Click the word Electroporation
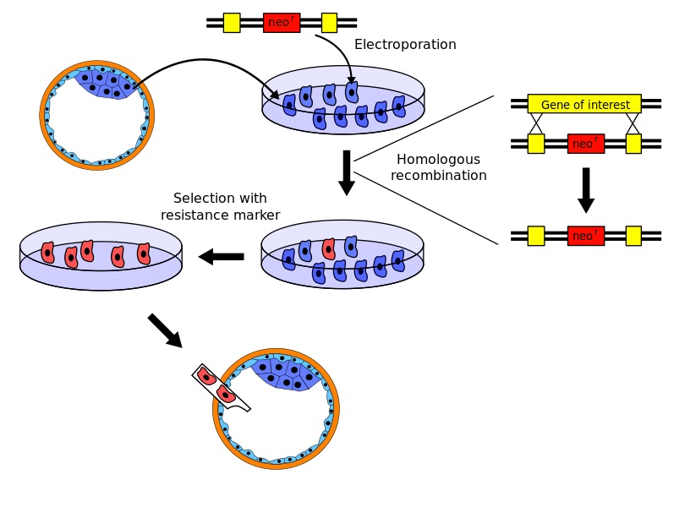coord(405,45)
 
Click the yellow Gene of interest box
coord(584,104)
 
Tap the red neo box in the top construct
coord(281,23)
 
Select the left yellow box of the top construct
coord(232,23)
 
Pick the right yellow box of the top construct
coord(329,23)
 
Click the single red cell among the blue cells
coord(328,249)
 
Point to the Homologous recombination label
coord(438,167)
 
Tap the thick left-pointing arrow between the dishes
coord(221,256)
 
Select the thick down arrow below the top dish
coord(346,172)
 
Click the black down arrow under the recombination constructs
coord(585,190)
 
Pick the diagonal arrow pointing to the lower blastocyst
coord(165,330)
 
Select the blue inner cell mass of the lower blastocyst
coord(288,373)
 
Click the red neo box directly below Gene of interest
coord(585,144)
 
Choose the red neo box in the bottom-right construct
coord(585,236)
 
